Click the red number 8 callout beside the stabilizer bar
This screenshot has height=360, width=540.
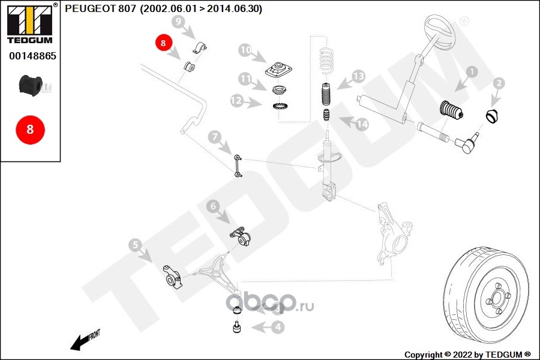164,43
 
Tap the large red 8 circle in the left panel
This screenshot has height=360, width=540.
30,130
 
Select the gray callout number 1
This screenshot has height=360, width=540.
471,71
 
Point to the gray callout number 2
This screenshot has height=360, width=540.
499,84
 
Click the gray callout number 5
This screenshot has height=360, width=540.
135,245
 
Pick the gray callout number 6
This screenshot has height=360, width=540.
212,207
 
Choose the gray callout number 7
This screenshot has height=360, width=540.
214,137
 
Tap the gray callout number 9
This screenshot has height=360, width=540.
177,22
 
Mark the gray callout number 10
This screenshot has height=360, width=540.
245,50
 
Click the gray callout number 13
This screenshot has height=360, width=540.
358,76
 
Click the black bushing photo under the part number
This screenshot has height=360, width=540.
30,85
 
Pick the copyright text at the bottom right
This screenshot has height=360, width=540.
467,355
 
